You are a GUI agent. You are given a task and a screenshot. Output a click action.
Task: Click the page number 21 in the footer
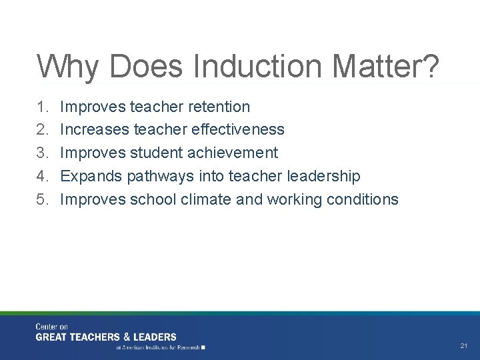pos(464,346)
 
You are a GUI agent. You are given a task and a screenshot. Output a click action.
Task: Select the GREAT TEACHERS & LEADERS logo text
pos(106,337)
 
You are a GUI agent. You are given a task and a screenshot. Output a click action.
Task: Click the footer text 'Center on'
pos(52,327)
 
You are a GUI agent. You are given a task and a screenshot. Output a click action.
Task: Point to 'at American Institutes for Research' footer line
pos(160,347)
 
